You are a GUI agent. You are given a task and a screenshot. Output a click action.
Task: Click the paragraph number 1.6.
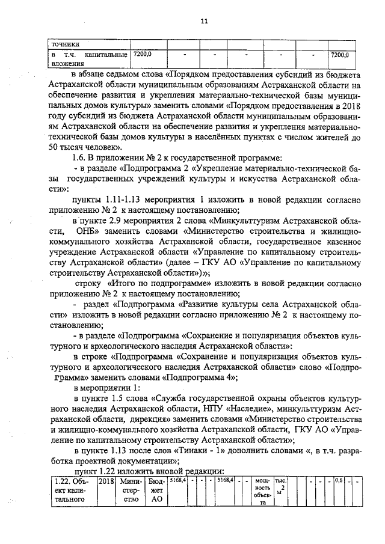click(x=81, y=158)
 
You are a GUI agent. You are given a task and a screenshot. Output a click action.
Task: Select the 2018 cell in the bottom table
click(x=105, y=482)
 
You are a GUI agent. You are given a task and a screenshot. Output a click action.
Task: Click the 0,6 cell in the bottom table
click(x=339, y=481)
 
